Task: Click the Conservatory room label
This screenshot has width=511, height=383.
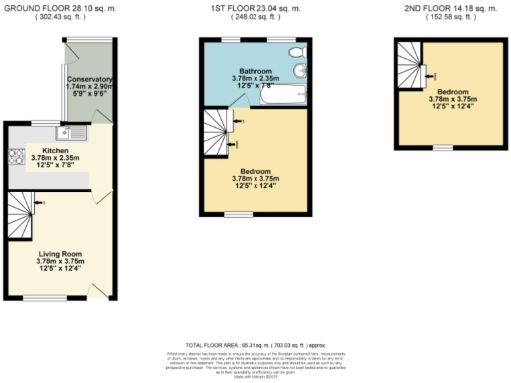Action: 89,79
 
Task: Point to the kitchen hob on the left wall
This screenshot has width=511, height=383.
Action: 15,156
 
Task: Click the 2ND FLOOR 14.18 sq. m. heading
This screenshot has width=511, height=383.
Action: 442,8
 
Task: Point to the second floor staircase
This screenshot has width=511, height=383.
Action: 409,63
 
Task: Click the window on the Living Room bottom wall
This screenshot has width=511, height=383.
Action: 66,297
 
